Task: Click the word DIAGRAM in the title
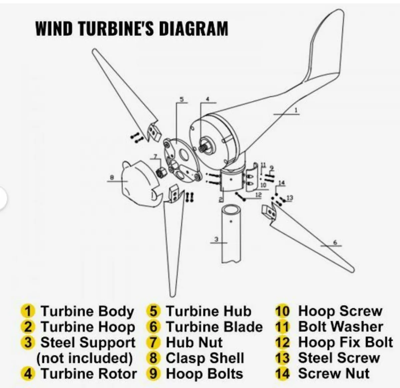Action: pyautogui.click(x=194, y=28)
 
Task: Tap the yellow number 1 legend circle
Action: pyautogui.click(x=28, y=311)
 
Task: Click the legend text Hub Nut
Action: pyautogui.click(x=194, y=342)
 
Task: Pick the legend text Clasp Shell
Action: pyautogui.click(x=205, y=358)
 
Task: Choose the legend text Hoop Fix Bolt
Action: pyautogui.click(x=346, y=342)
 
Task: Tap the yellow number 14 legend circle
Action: pyautogui.click(x=283, y=374)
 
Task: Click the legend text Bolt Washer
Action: pyautogui.click(x=341, y=327)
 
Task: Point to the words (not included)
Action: pyautogui.click(x=84, y=358)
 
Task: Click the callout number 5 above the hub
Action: pyautogui.click(x=182, y=99)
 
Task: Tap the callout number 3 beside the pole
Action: pyautogui.click(x=216, y=239)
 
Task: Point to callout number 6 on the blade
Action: pyautogui.click(x=335, y=243)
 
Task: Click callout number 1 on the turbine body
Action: pyautogui.click(x=296, y=110)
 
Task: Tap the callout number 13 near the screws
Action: pyautogui.click(x=289, y=198)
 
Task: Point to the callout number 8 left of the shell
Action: pyautogui.click(x=112, y=177)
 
